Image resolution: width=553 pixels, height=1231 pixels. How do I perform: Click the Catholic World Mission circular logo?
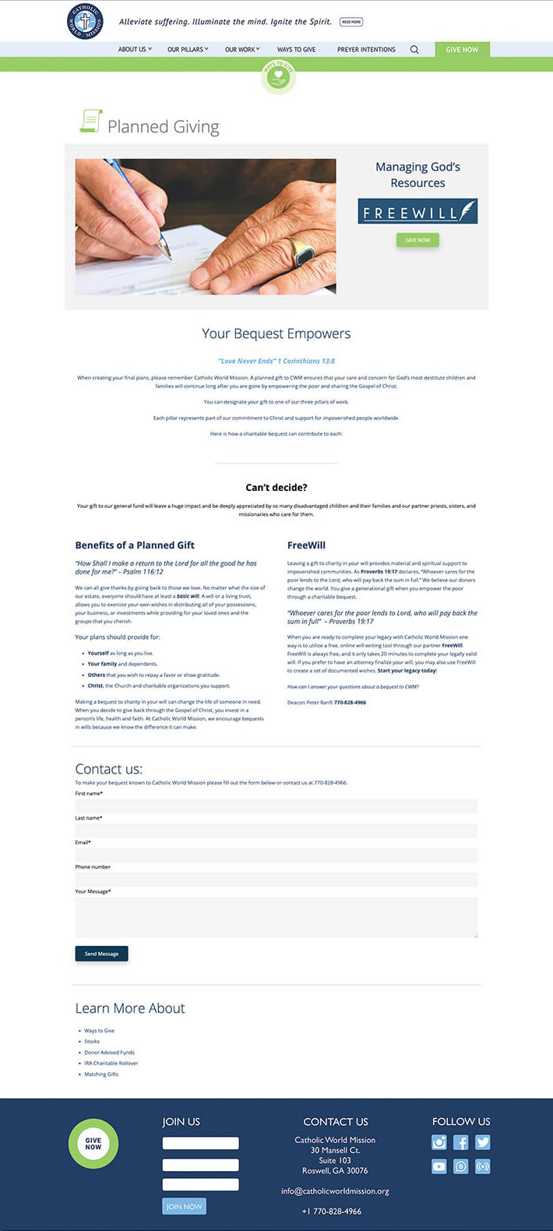pyautogui.click(x=85, y=21)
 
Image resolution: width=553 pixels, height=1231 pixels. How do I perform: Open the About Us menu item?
pyautogui.click(x=135, y=49)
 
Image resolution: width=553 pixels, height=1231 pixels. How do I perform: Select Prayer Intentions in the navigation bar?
pyautogui.click(x=366, y=49)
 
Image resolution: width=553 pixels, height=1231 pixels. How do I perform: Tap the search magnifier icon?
pyautogui.click(x=414, y=49)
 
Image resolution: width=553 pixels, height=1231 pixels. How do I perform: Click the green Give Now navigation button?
pyautogui.click(x=462, y=49)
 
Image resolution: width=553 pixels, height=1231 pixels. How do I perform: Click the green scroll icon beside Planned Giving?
pyautogui.click(x=91, y=121)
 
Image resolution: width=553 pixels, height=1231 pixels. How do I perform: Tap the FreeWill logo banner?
pyautogui.click(x=417, y=212)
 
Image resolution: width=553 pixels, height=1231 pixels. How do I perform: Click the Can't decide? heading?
pyautogui.click(x=276, y=488)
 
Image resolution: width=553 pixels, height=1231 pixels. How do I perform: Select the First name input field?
pyautogui.click(x=276, y=806)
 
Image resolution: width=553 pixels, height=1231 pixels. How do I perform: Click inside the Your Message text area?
pyautogui.click(x=276, y=916)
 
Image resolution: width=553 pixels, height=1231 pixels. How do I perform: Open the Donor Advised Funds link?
pyautogui.click(x=110, y=1053)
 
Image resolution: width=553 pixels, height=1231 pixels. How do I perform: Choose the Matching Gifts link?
pyautogui.click(x=101, y=1074)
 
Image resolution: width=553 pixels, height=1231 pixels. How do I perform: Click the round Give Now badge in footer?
pyautogui.click(x=93, y=1144)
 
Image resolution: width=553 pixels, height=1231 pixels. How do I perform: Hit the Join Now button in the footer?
pyautogui.click(x=185, y=1206)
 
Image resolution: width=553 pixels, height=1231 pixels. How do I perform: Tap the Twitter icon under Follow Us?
pyautogui.click(x=483, y=1142)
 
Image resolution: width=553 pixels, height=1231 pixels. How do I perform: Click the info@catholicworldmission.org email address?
pyautogui.click(x=335, y=1190)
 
